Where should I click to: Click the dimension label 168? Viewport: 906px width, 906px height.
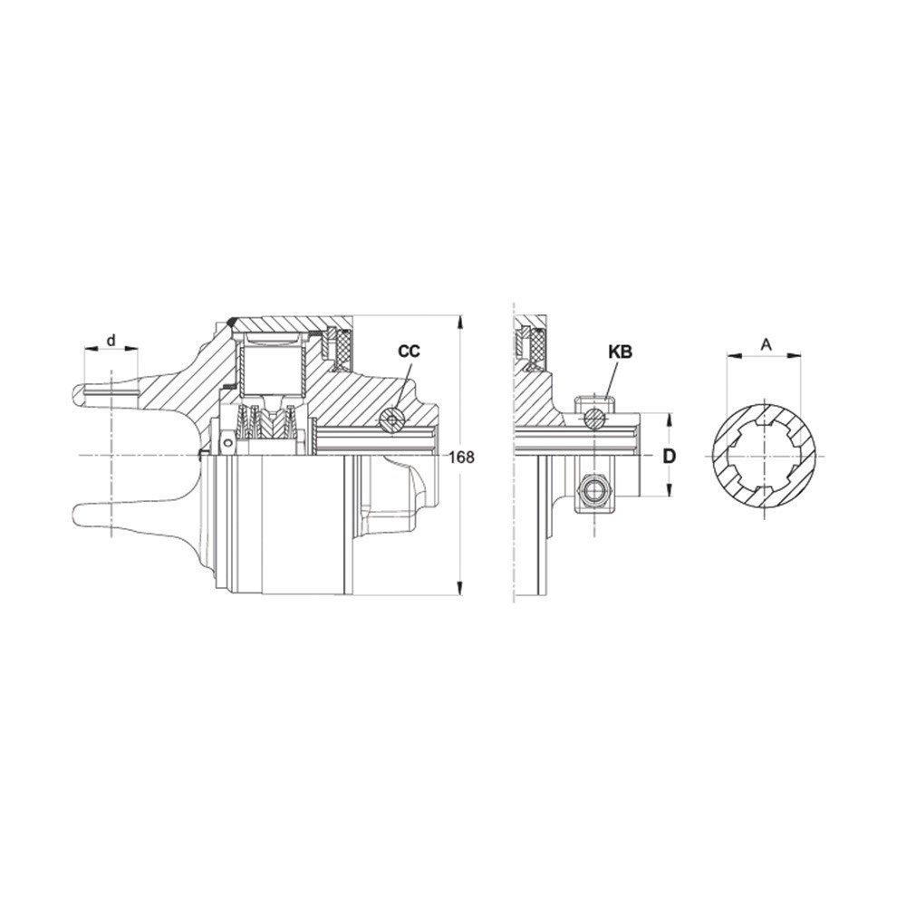click(x=461, y=457)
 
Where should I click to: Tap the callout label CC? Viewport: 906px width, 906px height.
click(x=410, y=351)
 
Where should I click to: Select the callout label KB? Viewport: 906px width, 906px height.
click(x=621, y=351)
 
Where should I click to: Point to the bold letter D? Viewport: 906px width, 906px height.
click(x=670, y=457)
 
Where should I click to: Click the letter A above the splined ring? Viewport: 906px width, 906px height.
click(x=766, y=344)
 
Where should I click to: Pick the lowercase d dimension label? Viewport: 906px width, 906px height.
click(x=111, y=341)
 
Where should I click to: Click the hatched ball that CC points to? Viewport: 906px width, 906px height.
click(x=391, y=419)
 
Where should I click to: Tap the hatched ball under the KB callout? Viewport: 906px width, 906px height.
click(x=594, y=418)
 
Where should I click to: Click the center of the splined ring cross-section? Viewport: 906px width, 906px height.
click(x=764, y=456)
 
